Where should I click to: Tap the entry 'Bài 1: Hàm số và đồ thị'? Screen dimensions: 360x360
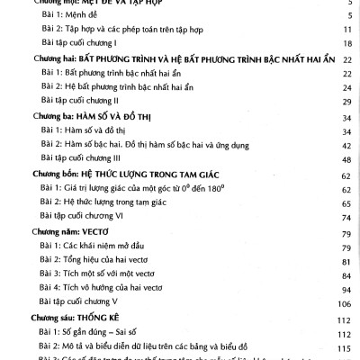87,130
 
